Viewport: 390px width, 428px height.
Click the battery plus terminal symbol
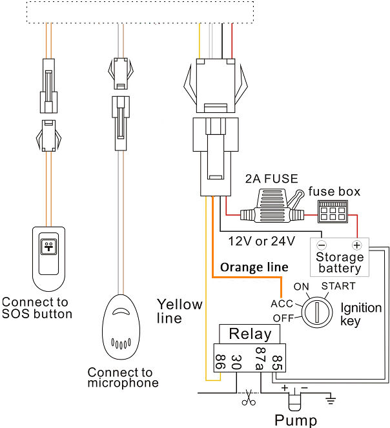pos(355,245)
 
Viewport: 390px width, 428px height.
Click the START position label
pos(338,286)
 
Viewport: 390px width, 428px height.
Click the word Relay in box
pos(250,334)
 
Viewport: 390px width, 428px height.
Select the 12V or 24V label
pos(262,241)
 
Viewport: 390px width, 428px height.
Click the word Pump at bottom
pos(296,421)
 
